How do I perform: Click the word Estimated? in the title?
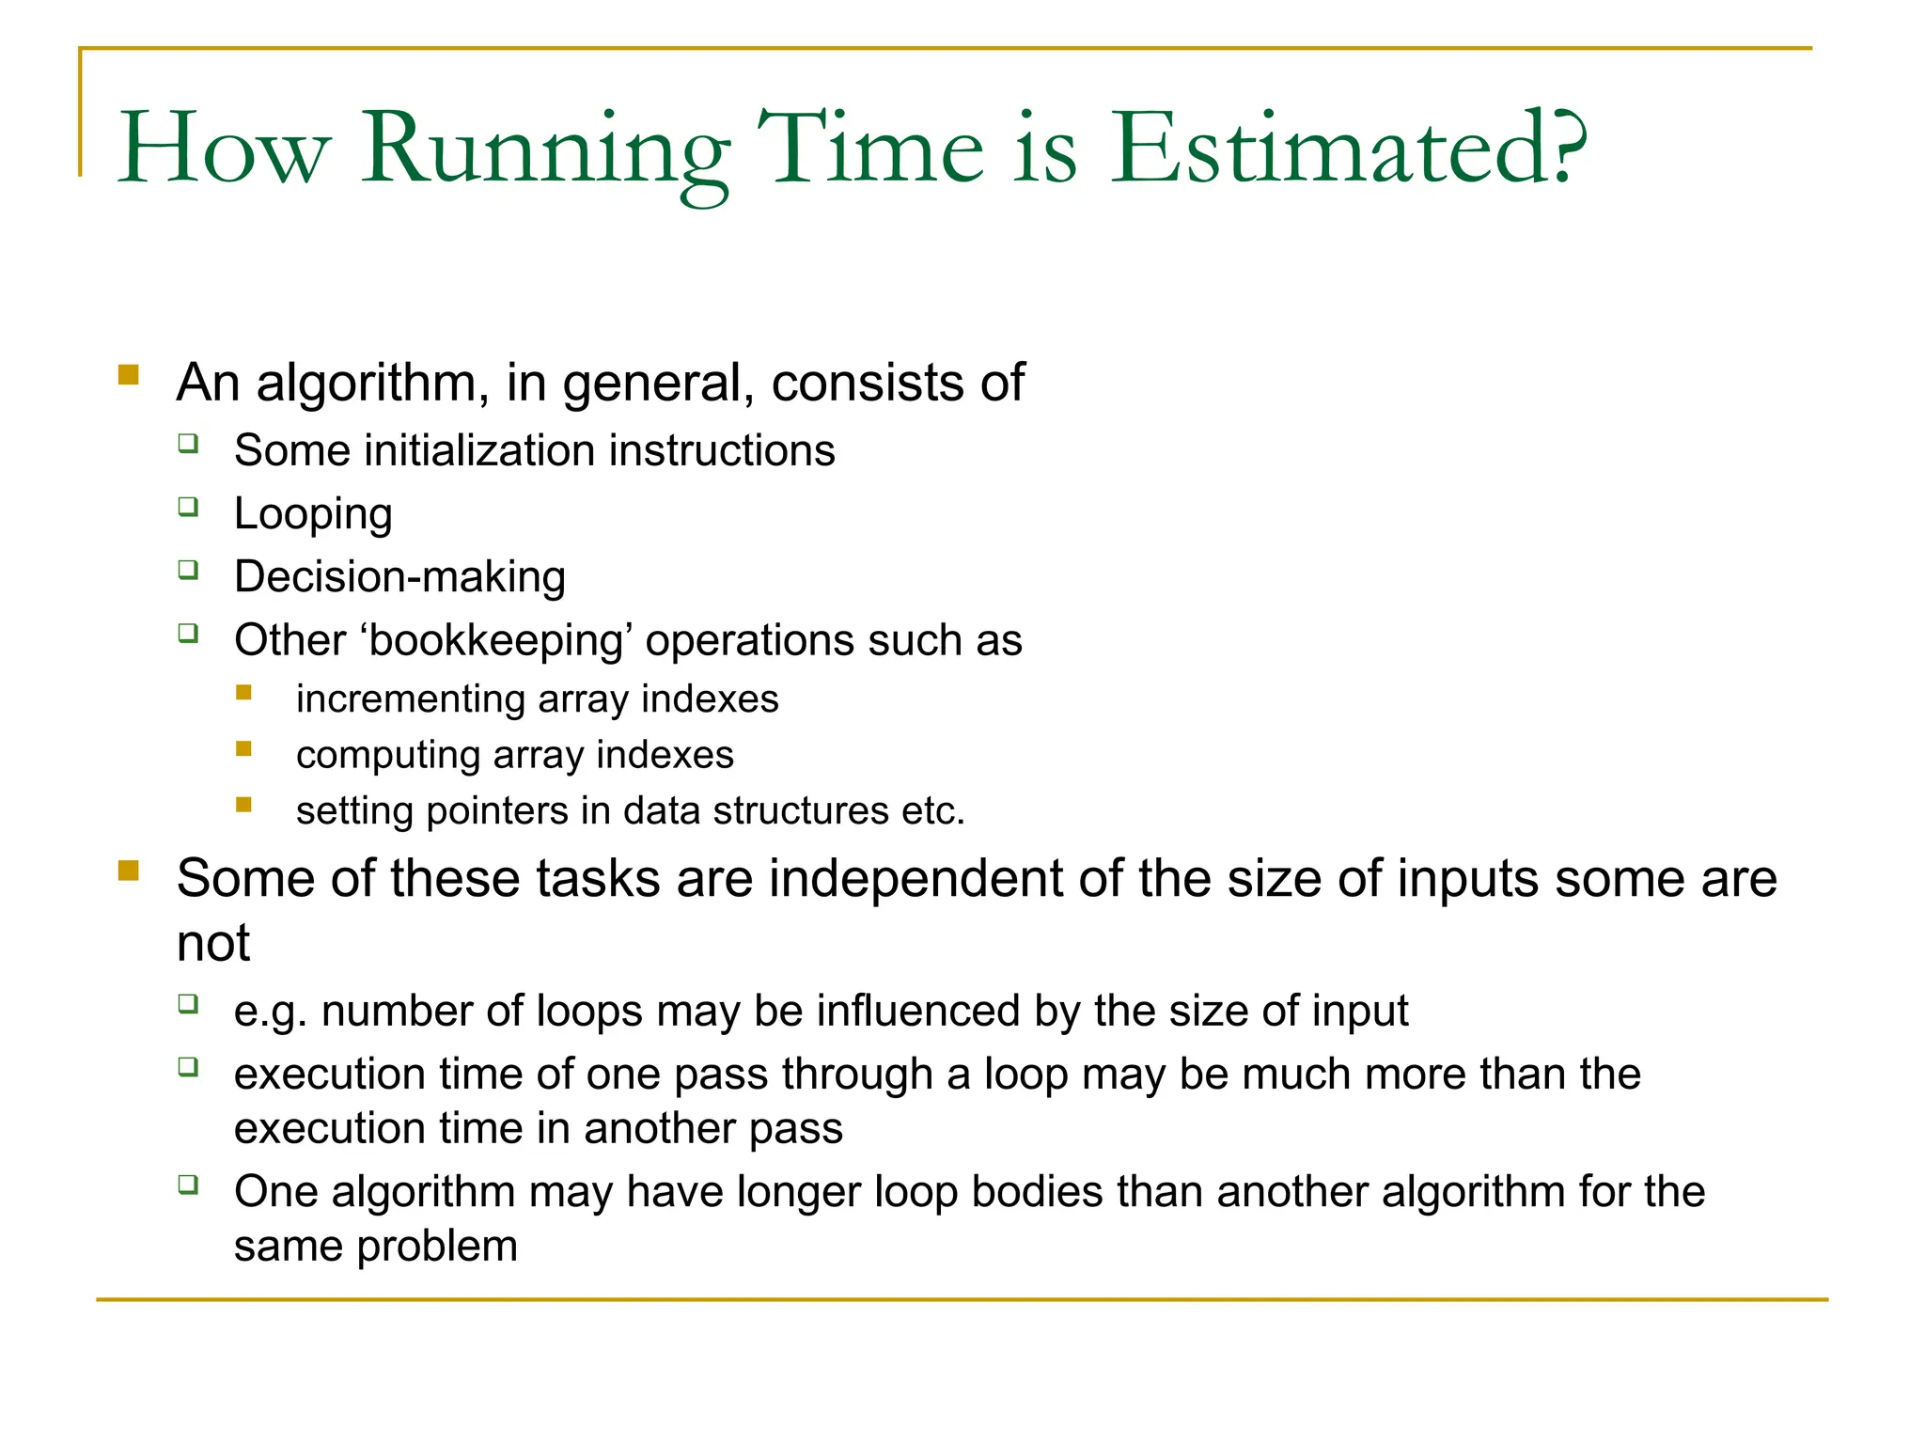[x=1350, y=149]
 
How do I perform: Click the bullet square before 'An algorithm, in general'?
[x=129, y=376]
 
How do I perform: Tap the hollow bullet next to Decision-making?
[x=189, y=570]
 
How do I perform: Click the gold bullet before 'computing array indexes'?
[x=244, y=749]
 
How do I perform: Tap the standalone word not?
[x=213, y=943]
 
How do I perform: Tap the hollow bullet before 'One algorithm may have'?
[x=189, y=1185]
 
